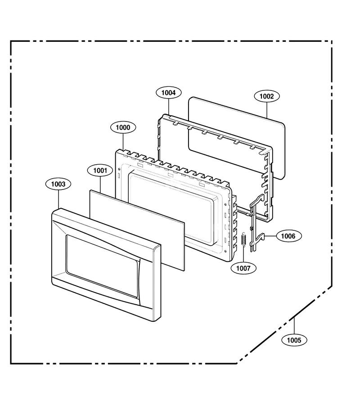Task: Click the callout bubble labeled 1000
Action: tap(123, 127)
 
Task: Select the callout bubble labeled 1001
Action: tap(100, 171)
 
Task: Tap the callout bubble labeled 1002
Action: tap(267, 96)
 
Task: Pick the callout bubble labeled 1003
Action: tap(58, 184)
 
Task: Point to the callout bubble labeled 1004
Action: tap(169, 93)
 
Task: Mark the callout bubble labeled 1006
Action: tap(288, 236)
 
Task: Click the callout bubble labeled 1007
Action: tap(243, 268)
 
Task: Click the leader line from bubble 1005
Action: tap(294, 326)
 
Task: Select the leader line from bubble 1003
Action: tap(58, 199)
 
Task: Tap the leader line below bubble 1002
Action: tap(267, 110)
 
